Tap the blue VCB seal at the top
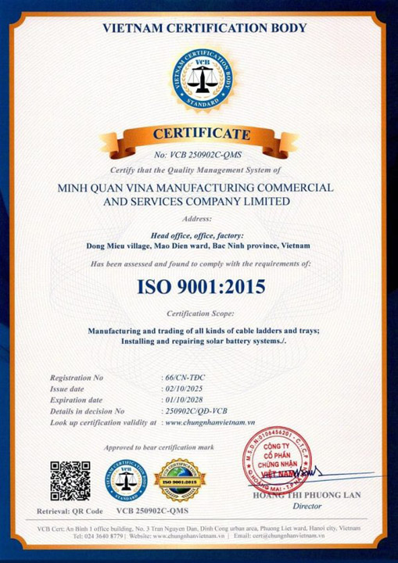coord(203,78)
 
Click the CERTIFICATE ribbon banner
coord(203,134)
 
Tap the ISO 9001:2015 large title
coord(203,287)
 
